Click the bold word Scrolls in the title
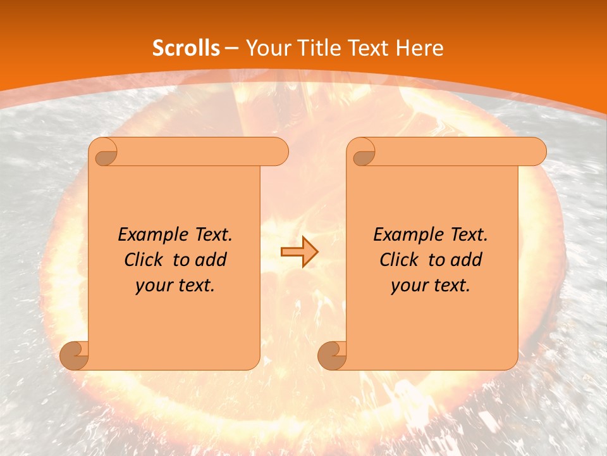186,48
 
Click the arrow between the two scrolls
299,252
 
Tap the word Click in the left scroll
144,260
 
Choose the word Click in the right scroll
399,260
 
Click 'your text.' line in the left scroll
175,286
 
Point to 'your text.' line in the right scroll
431,286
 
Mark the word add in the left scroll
211,260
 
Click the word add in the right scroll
467,260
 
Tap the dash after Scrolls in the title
231,48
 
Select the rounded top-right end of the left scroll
278,152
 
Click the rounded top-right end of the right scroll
536,152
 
